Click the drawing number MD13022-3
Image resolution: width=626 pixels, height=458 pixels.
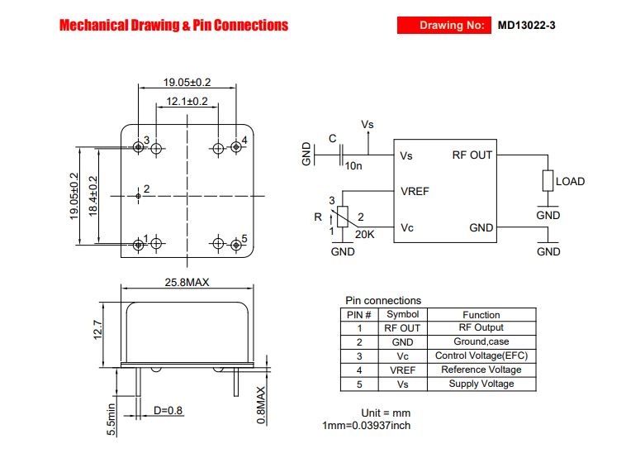tap(526, 25)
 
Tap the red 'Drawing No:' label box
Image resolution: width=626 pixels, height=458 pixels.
tap(444, 25)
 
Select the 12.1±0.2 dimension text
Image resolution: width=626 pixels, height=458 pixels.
tap(187, 101)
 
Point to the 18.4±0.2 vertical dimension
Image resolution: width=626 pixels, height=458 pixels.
tap(93, 196)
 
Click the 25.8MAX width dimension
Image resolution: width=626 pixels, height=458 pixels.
tap(187, 282)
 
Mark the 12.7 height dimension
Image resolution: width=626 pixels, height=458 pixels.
tap(97, 330)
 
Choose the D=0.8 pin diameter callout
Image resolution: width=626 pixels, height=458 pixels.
tap(168, 410)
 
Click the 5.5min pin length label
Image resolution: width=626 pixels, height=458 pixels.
tap(111, 419)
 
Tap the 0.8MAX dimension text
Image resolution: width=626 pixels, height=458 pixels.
tap(261, 405)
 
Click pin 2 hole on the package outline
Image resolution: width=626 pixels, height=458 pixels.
tap(138, 196)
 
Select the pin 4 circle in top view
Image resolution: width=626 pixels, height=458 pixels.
tap(236, 147)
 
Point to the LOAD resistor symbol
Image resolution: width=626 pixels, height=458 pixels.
tap(548, 181)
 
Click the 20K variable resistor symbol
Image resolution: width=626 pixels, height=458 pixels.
tap(343, 217)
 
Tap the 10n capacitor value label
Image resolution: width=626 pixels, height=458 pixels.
tap(353, 165)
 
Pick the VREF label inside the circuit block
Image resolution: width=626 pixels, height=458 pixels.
tap(415, 192)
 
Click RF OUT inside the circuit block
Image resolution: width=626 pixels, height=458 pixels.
tap(472, 155)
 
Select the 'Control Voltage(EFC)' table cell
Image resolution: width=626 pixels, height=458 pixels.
tap(481, 355)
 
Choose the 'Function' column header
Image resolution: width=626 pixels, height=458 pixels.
tap(481, 314)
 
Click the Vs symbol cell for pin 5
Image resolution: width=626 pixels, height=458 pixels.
tap(402, 384)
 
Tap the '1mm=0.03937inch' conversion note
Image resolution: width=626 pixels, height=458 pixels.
tap(367, 425)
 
